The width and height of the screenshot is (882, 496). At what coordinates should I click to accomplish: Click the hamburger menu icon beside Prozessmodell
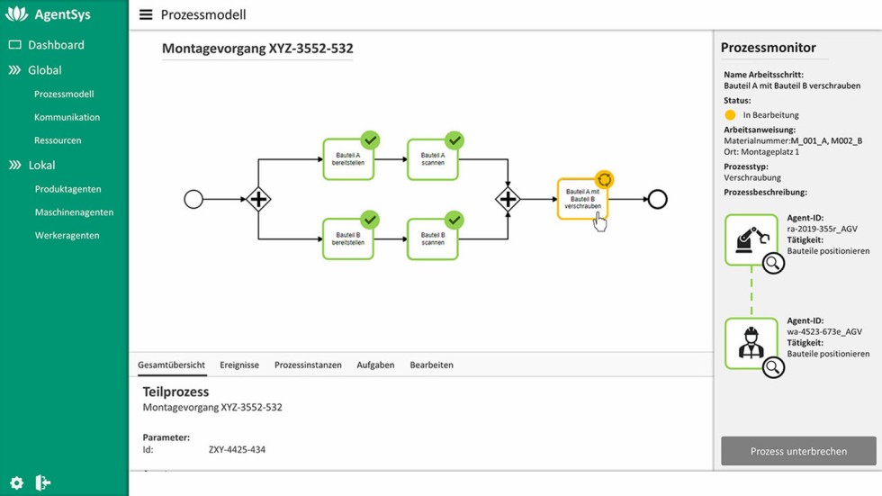146,15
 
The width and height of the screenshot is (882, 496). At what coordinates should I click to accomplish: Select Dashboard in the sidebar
55,45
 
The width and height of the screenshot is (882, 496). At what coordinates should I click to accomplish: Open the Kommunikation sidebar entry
67,117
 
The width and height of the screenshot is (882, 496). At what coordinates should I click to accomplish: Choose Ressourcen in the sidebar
58,140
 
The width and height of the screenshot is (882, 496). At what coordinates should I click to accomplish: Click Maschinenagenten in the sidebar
74,212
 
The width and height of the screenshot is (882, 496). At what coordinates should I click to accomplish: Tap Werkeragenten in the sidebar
67,236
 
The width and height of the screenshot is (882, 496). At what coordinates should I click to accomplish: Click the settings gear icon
16,483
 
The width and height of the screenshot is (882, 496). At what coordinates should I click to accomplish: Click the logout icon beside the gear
42,483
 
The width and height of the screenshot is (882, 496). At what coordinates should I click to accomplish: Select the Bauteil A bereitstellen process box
347,160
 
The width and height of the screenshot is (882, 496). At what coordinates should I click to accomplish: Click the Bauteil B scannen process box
432,239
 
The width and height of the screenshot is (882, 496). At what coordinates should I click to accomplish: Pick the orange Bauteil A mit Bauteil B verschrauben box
581,200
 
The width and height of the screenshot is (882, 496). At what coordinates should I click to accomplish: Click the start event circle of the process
193,199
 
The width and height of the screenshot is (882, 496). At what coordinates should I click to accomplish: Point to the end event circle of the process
657,199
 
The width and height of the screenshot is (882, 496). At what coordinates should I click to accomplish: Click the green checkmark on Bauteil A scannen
454,140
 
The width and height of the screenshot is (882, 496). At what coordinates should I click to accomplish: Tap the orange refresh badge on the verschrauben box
605,180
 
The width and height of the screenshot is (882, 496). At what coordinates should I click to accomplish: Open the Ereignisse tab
239,365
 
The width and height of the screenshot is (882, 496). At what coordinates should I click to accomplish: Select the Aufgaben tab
375,365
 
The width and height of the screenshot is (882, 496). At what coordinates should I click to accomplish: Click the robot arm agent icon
751,239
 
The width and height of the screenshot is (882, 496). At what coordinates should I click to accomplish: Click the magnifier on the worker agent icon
773,367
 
